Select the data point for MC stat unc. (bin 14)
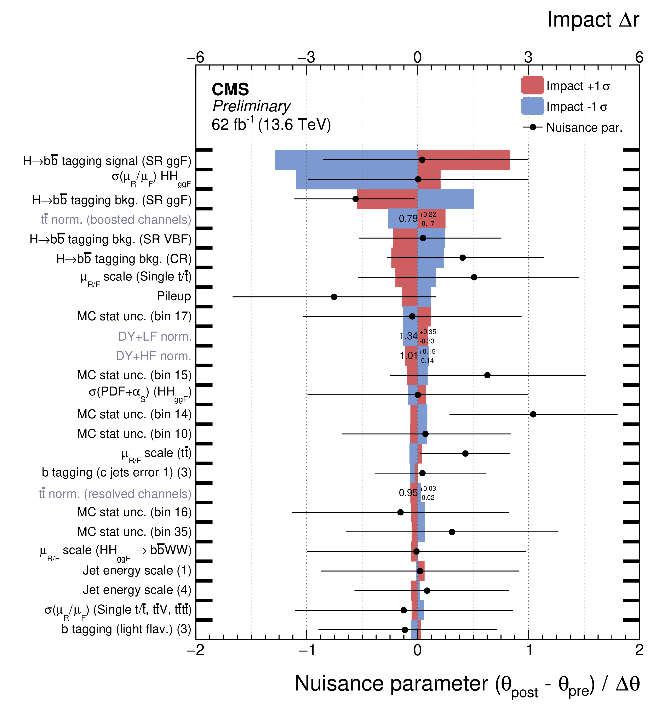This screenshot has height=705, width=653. click(533, 414)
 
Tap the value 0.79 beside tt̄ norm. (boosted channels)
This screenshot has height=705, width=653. click(408, 219)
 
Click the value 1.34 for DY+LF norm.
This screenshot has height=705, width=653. click(408, 336)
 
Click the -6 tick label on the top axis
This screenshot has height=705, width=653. click(195, 57)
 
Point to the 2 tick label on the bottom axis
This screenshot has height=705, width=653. click(639, 650)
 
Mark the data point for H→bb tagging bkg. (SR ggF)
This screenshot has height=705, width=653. click(355, 199)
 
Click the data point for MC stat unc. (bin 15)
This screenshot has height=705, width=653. click(487, 375)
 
